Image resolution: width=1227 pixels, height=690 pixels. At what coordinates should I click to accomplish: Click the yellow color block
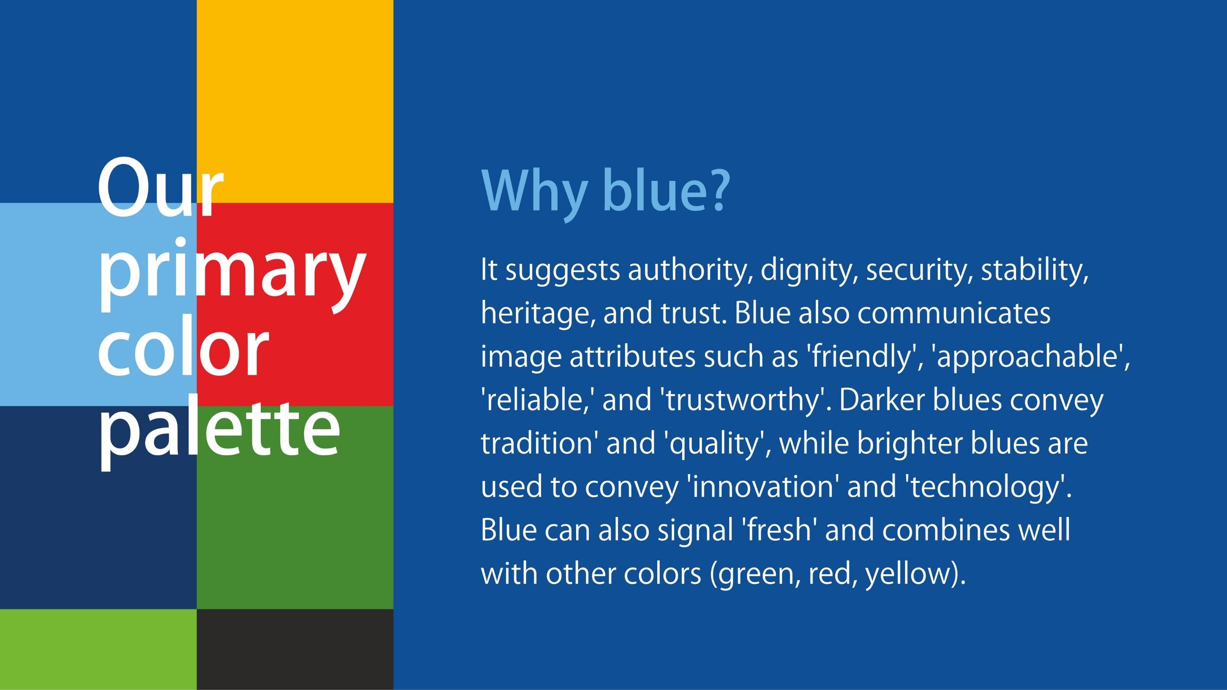[295, 101]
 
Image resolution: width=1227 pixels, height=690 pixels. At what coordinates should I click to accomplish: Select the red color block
[295, 304]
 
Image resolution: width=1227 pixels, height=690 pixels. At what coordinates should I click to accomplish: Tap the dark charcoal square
[295, 649]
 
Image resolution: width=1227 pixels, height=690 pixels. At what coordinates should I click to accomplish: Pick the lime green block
[98, 649]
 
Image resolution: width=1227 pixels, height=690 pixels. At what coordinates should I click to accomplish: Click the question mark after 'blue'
[717, 190]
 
